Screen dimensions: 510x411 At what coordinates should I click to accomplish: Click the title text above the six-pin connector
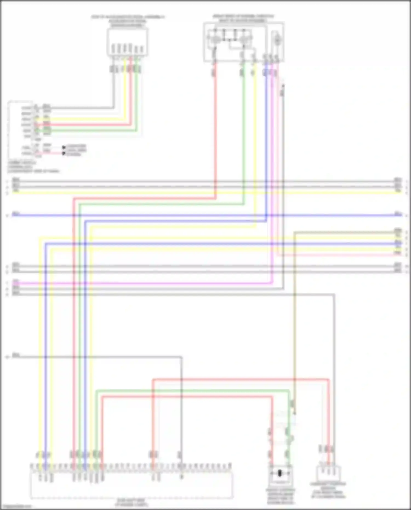[x=128, y=21]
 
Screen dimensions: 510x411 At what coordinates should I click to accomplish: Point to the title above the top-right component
[x=243, y=18]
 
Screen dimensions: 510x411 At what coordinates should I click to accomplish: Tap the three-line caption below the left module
[x=33, y=167]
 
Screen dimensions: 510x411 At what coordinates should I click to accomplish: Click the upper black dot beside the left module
[x=64, y=147]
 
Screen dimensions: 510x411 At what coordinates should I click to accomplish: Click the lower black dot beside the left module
[x=64, y=153]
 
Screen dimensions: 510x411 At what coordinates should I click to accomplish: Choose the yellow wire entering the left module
[x=82, y=119]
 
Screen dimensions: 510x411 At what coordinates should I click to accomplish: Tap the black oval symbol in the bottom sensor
[x=280, y=473]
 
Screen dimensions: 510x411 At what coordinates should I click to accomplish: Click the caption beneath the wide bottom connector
[x=132, y=502]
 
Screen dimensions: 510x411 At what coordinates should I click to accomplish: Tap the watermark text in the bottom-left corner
[x=16, y=506]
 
